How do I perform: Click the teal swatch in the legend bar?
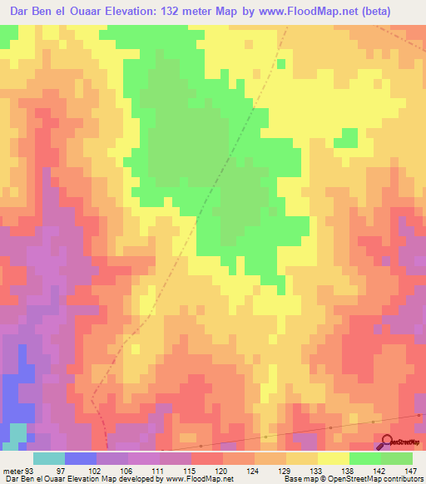coord(49,458)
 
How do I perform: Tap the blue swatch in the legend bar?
coord(81,458)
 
